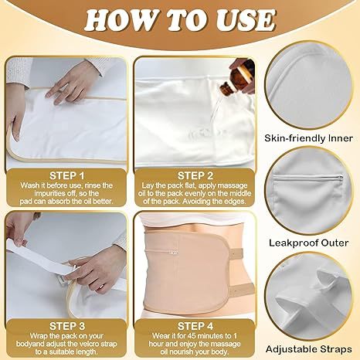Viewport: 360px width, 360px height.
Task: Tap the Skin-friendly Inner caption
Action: pos(313,137)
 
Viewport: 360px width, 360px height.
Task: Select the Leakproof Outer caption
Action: pos(314,241)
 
